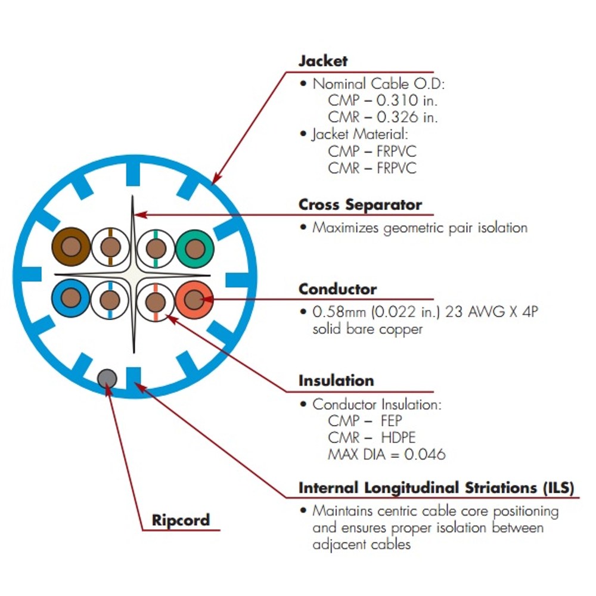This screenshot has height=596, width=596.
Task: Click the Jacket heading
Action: pyautogui.click(x=322, y=61)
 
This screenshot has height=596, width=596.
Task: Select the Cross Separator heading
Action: pyautogui.click(x=360, y=204)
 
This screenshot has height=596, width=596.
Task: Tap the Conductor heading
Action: pyautogui.click(x=337, y=289)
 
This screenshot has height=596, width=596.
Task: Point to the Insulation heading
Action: pyautogui.click(x=336, y=380)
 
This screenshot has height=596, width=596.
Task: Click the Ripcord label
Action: pyautogui.click(x=181, y=520)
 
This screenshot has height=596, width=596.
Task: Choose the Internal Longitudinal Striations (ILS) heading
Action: pyautogui.click(x=436, y=488)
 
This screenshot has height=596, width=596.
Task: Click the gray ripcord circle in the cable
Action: pyautogui.click(x=107, y=378)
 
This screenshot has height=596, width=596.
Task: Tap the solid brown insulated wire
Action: pyautogui.click(x=71, y=247)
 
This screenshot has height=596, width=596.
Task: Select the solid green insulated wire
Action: pyautogui.click(x=195, y=249)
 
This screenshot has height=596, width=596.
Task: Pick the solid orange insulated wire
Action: pyautogui.click(x=194, y=300)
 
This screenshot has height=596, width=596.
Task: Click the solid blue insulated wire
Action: pyautogui.click(x=71, y=298)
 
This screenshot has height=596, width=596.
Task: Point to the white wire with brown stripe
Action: pyautogui.click(x=111, y=247)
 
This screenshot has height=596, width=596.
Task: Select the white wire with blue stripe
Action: pyautogui.click(x=110, y=300)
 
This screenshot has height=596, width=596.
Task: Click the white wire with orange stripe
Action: pyautogui.click(x=156, y=302)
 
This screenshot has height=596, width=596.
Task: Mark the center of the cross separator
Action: pyautogui.click(x=133, y=274)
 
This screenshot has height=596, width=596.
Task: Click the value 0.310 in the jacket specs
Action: pyautogui.click(x=397, y=100)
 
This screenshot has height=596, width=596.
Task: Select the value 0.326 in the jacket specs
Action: pyautogui.click(x=397, y=117)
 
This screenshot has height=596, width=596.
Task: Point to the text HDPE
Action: pyautogui.click(x=398, y=437)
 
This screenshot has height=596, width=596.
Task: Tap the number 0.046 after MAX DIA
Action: pyautogui.click(x=424, y=454)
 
